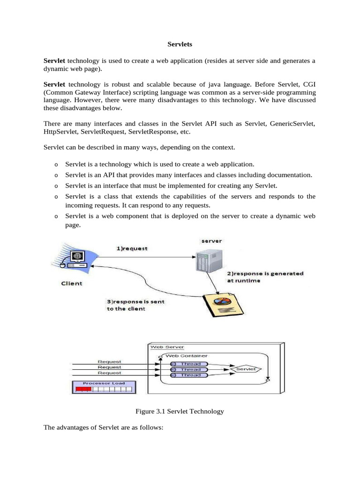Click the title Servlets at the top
point(180,45)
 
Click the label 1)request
point(132,248)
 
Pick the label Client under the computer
point(71,283)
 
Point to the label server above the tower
point(211,241)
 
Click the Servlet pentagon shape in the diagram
point(246,369)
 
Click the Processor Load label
point(103,382)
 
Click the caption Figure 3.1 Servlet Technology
point(180,411)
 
